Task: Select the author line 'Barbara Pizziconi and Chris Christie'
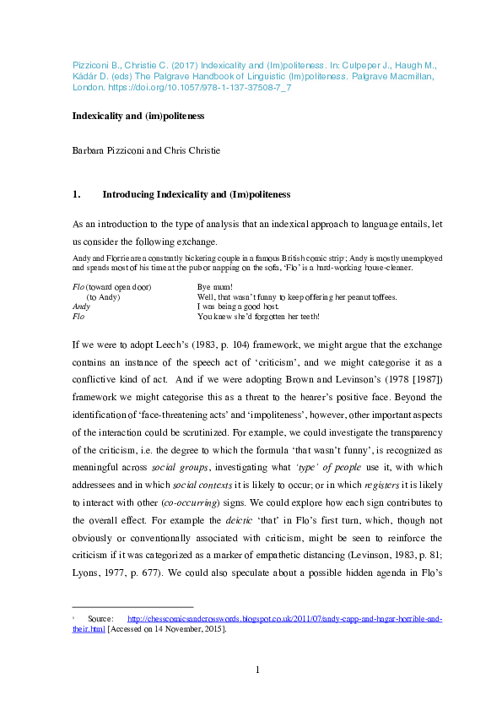143,153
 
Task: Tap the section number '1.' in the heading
77,194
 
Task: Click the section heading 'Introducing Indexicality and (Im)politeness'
196,194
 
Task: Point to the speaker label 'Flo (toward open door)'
111,288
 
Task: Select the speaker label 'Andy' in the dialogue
82,307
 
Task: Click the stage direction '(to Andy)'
104,297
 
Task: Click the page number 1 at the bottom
257,670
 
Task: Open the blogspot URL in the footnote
283,618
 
